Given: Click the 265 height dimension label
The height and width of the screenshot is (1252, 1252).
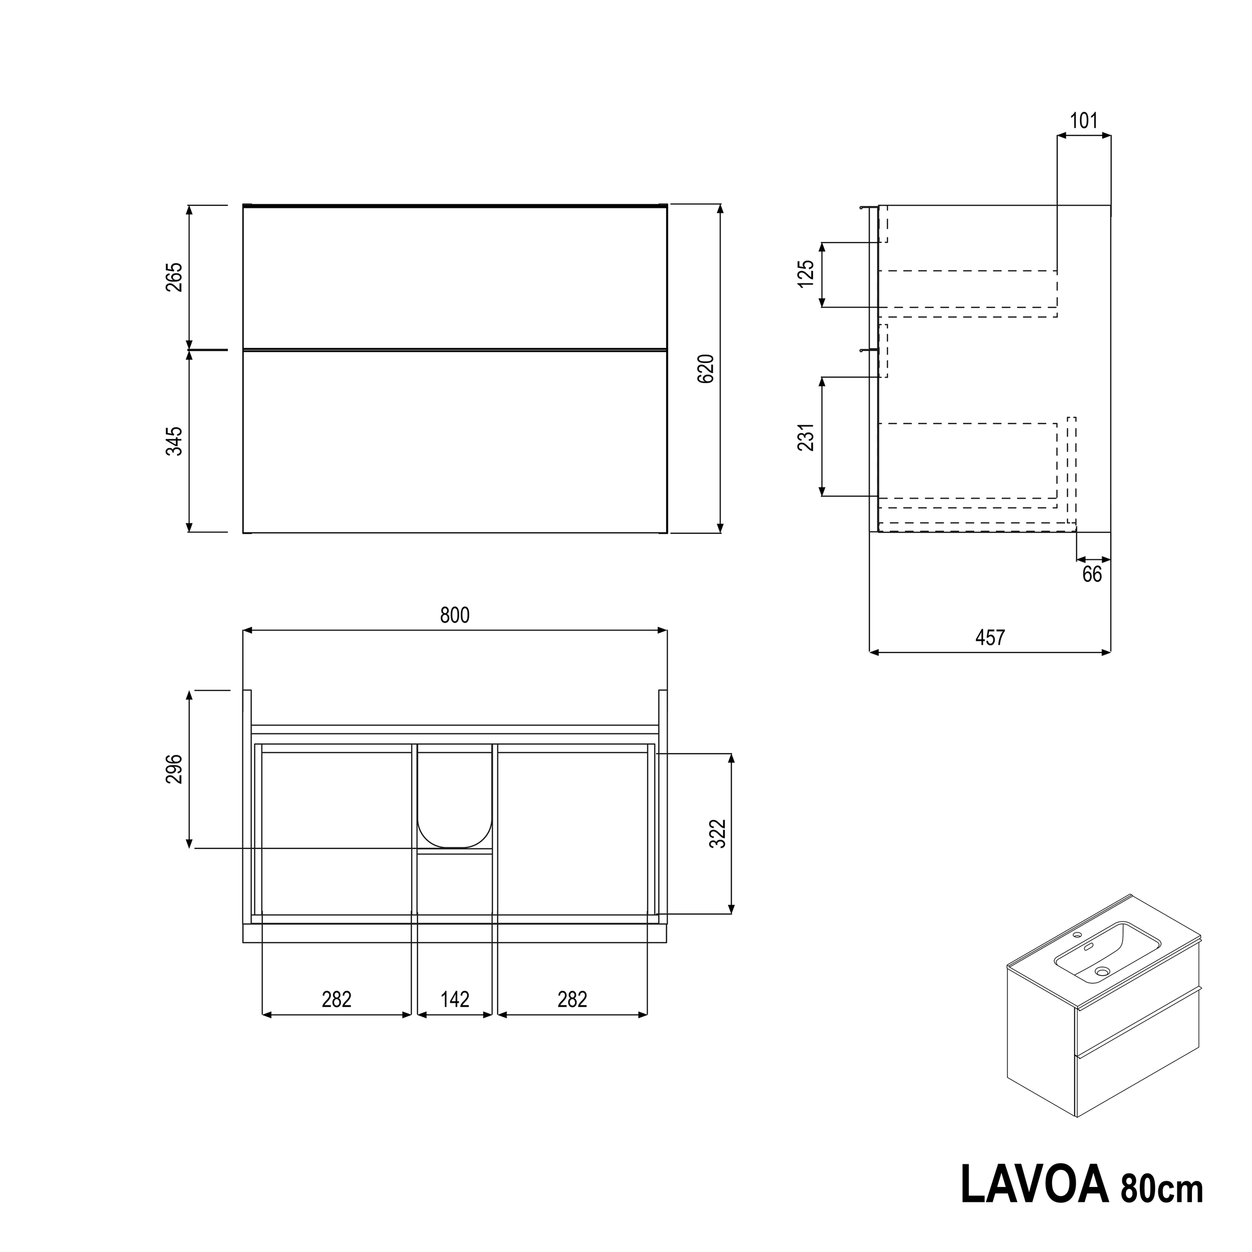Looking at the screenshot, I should click(174, 277).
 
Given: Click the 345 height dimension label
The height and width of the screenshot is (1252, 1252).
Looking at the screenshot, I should click(174, 441).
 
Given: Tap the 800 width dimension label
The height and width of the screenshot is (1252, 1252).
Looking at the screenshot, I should click(454, 615).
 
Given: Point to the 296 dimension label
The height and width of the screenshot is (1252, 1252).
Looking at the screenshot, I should click(174, 769).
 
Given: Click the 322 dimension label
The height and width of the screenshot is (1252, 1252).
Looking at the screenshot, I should click(718, 834).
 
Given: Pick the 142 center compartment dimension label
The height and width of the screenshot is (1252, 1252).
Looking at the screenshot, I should click(455, 999).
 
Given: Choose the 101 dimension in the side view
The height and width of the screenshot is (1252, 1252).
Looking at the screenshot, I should click(1084, 121).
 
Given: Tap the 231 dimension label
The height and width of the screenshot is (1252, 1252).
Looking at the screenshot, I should click(805, 437).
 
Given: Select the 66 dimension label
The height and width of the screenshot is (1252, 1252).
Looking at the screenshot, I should click(1092, 574).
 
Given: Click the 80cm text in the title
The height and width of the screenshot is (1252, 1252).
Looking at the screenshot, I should click(1161, 1188).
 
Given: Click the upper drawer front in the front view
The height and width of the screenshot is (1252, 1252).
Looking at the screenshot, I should click(454, 277).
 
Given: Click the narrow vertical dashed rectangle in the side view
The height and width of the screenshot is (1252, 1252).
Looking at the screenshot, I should click(1072, 470).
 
